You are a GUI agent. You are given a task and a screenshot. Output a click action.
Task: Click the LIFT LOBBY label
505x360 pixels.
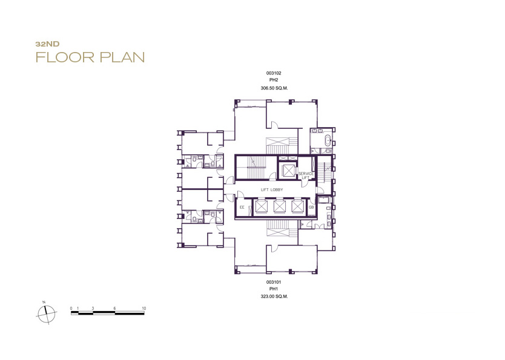(x=272, y=190)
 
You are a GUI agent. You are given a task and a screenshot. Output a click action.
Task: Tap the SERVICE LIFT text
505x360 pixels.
(x=306, y=175)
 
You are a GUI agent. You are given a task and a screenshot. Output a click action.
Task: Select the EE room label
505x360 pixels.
(x=242, y=208)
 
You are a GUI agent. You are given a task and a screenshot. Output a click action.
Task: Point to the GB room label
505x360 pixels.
(x=311, y=208)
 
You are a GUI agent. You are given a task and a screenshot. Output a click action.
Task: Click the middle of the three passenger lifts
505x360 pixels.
(x=279, y=206)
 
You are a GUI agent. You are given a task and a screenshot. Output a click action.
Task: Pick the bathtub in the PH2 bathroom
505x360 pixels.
(x=328, y=140)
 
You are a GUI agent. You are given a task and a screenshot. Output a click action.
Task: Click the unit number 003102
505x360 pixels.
(x=274, y=73)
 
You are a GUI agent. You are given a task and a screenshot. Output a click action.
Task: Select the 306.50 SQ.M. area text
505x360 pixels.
(x=274, y=88)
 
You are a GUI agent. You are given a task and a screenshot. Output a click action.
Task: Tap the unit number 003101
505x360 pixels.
(x=274, y=282)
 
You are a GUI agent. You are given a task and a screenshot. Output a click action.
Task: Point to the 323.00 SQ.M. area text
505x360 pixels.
(x=274, y=296)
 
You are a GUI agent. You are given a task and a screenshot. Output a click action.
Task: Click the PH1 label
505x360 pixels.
(x=274, y=289)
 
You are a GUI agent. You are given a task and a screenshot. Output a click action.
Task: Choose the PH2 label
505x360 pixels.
(x=274, y=80)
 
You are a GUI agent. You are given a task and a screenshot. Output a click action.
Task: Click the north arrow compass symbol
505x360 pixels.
(x=47, y=313)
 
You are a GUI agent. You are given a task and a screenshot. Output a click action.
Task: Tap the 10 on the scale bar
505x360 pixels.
(x=144, y=308)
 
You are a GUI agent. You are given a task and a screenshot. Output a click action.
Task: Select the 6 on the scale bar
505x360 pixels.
(x=114, y=308)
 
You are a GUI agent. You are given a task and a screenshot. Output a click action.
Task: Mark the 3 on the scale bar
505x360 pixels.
(x=93, y=308)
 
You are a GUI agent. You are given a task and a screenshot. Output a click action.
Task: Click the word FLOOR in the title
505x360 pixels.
(x=65, y=57)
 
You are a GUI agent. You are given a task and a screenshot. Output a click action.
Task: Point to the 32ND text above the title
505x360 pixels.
(x=47, y=44)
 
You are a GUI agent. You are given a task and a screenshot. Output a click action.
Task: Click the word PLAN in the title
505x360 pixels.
(x=122, y=57)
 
